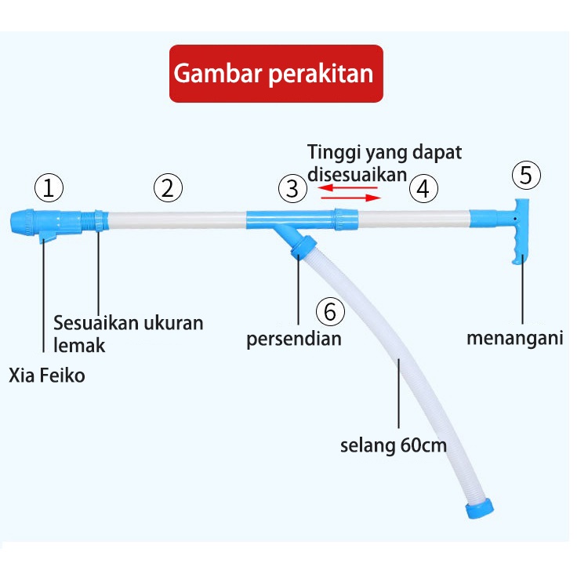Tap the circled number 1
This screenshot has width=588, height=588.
pos(49,188)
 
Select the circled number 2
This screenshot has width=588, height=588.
pos(168,188)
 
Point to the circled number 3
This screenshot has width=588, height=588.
pos(292,188)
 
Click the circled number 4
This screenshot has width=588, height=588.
pos(423,188)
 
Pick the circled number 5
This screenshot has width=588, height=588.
pos(527,175)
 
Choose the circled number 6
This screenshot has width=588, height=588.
pos(330,311)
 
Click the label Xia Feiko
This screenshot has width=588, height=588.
pos(47,376)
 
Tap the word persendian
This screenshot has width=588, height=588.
pos(294,339)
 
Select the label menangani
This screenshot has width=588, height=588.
pos(515,339)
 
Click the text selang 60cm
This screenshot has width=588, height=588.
pos(393,447)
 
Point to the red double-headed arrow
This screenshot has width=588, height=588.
pos(349,193)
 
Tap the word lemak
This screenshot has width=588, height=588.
pos(78,345)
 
